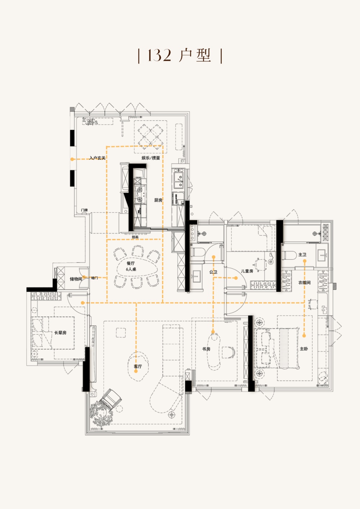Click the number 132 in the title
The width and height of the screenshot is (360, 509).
tap(159, 55)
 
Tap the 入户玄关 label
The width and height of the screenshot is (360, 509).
tap(97, 158)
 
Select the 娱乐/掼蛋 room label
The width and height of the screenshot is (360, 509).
tap(151, 158)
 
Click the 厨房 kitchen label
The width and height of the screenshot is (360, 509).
tap(158, 200)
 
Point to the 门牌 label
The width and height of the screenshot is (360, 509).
tap(84, 210)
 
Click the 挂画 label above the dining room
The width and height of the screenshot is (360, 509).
tap(135, 237)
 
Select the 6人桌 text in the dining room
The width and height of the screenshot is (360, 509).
tap(131, 269)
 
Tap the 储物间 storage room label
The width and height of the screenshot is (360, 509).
tap(76, 279)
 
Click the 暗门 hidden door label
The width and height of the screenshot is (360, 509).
tap(94, 278)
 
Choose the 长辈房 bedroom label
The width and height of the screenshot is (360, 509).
tap(60, 333)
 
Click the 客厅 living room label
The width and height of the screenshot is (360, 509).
tap(138, 366)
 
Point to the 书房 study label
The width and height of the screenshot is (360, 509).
tap(206, 349)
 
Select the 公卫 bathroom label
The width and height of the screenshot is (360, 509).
tap(213, 272)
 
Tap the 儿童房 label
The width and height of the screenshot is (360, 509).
tap(247, 271)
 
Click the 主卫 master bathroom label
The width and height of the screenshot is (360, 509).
tap(302, 255)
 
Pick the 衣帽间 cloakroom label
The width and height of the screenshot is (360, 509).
tap(304, 282)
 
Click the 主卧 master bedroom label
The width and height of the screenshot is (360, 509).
tap(303, 349)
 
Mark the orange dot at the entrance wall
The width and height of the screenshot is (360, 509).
tap(72, 159)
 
